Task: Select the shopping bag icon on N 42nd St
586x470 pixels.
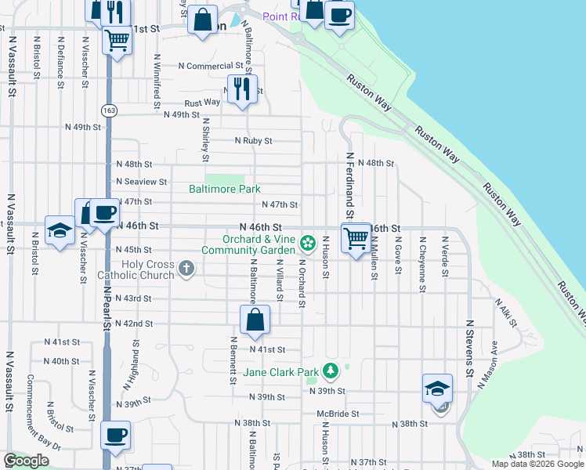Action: (x=255, y=320)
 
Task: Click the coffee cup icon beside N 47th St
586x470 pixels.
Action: (x=104, y=213)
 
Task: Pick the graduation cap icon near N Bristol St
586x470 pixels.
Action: (x=59, y=231)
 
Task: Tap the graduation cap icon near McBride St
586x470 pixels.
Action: (x=437, y=388)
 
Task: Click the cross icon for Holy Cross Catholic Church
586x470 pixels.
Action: (x=186, y=269)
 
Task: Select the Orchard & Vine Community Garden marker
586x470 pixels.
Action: (x=309, y=241)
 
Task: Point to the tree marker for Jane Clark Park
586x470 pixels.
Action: (x=331, y=370)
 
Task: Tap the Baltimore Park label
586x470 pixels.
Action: (x=224, y=189)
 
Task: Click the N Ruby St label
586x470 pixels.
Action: (x=254, y=141)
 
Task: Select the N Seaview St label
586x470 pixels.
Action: (x=141, y=182)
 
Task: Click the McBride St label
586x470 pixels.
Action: (x=338, y=413)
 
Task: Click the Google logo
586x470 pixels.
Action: (x=26, y=461)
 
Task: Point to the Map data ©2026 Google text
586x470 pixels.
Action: (x=537, y=464)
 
